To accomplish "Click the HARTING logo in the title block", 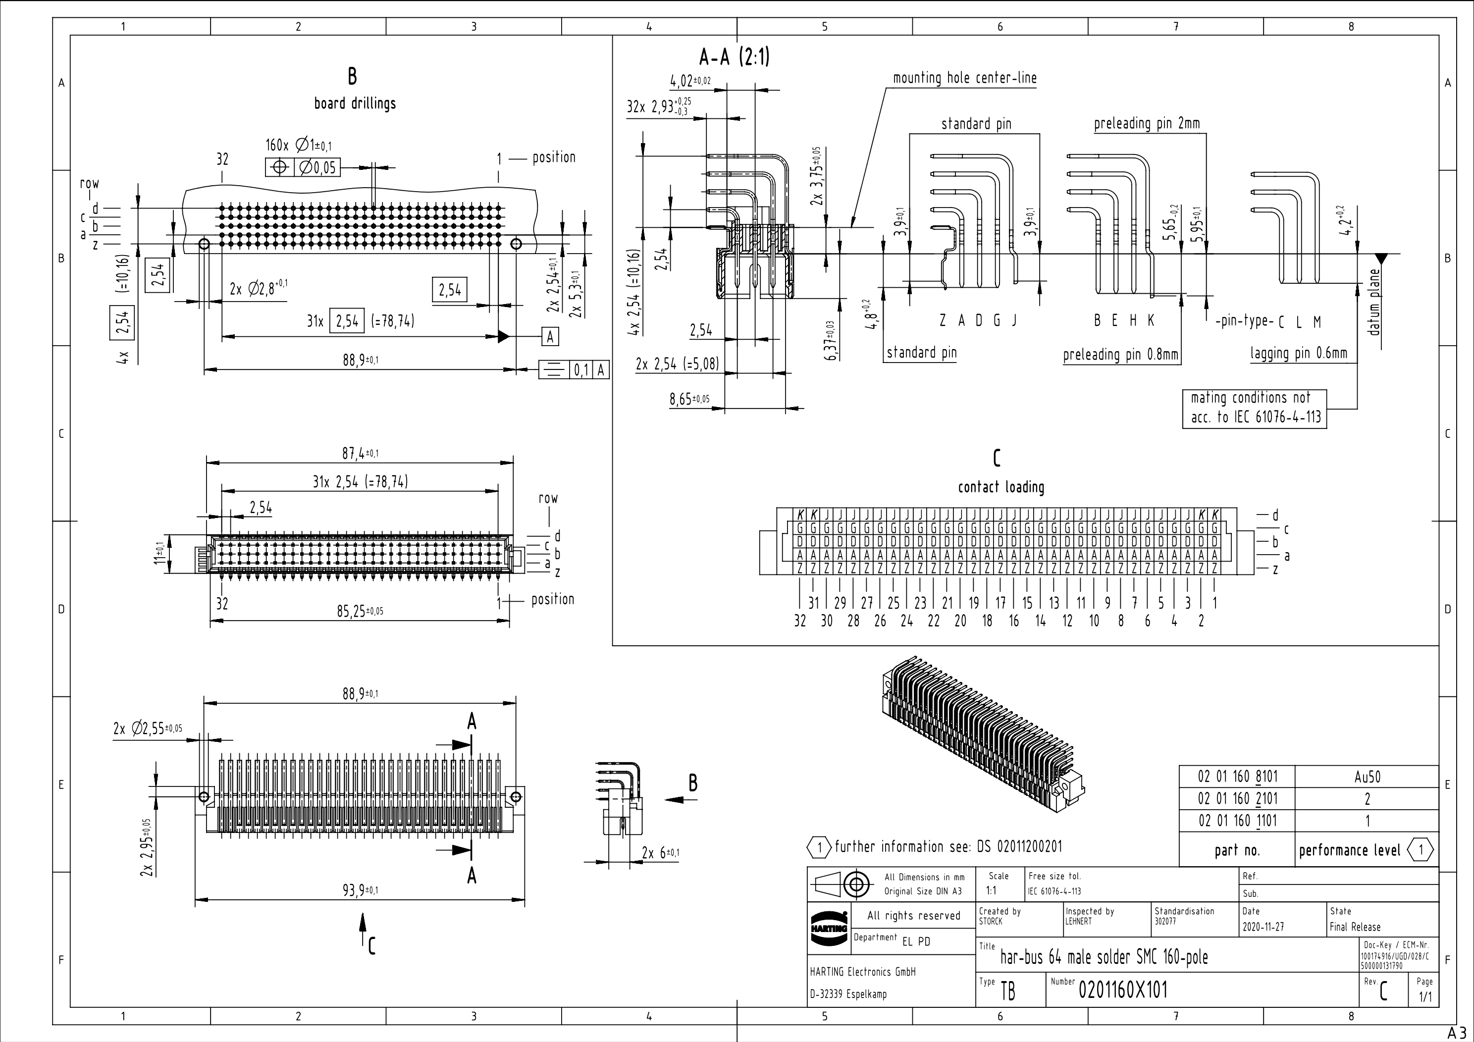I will (828, 929).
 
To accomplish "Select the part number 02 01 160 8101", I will (1237, 777).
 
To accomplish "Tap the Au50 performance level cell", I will (1367, 777).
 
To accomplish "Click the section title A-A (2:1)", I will (734, 58).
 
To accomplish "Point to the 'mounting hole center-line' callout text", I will (964, 78).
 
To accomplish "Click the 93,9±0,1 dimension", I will (360, 890).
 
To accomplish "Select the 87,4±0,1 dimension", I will (360, 453).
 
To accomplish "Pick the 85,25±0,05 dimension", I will (360, 611).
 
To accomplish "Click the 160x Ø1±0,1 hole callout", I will (299, 146).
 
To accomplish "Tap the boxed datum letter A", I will (550, 336).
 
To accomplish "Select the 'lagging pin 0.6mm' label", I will (1298, 353).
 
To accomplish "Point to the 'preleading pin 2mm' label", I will (1147, 123).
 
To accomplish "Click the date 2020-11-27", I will (1263, 927).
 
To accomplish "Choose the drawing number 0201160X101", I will (1123, 990).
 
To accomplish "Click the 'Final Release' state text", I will (1355, 927).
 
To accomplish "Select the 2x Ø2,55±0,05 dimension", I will (148, 729).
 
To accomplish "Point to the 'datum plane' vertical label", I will (1373, 302).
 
